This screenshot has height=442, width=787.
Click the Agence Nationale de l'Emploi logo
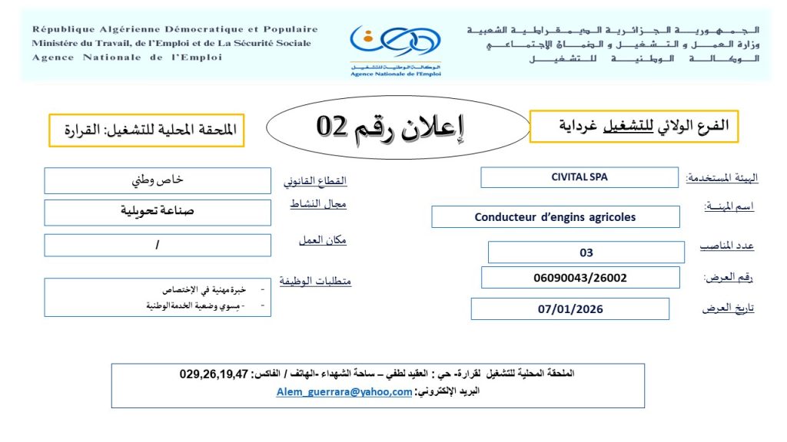[x=395, y=47]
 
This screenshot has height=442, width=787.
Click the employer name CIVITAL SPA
[x=579, y=177]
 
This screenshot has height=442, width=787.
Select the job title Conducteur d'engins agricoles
[x=555, y=217]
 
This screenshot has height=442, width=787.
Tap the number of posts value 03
[x=586, y=252]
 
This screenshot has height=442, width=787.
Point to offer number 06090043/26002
[x=580, y=278]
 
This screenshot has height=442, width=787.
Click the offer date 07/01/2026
[x=570, y=309]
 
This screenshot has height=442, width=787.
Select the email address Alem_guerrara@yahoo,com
[x=344, y=391]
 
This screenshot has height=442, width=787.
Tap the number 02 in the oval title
[x=334, y=126]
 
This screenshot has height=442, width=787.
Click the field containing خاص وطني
[x=158, y=181]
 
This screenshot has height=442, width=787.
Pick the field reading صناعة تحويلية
[x=158, y=212]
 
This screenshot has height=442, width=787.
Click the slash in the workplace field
[x=158, y=245]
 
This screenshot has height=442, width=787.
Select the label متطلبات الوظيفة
[x=314, y=282]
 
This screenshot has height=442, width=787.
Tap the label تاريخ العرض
[x=728, y=308]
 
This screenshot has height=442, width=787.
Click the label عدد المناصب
[x=726, y=246]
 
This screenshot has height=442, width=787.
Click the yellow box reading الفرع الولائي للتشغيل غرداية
[x=634, y=126]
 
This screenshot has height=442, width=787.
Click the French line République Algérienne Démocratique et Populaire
[x=174, y=30]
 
